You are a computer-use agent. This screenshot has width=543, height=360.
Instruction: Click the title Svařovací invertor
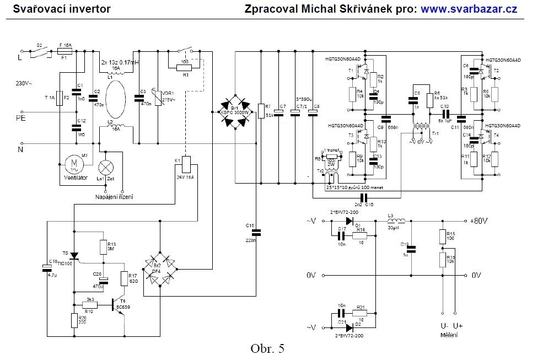coord(62,9)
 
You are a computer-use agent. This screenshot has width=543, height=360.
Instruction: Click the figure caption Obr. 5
coord(267,348)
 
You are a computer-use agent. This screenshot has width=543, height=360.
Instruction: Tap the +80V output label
coord(479,221)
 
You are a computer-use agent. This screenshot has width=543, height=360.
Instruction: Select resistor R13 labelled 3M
coord(103,246)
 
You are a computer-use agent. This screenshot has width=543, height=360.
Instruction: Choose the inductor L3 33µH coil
coord(396,221)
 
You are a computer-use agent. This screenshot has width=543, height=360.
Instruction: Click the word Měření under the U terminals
coord(448,335)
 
